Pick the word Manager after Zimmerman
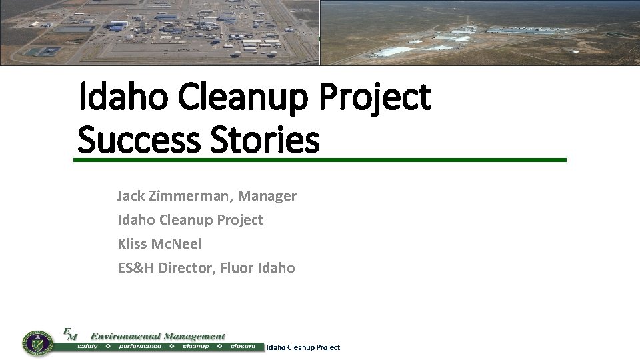pyautogui.click(x=267, y=196)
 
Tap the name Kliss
pyautogui.click(x=132, y=244)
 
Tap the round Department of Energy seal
pyautogui.click(x=38, y=343)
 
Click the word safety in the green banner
pyautogui.click(x=88, y=347)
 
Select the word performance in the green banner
pyautogui.click(x=140, y=347)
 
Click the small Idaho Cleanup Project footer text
pyautogui.click(x=303, y=347)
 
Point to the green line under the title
pyautogui.click(x=320, y=160)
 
